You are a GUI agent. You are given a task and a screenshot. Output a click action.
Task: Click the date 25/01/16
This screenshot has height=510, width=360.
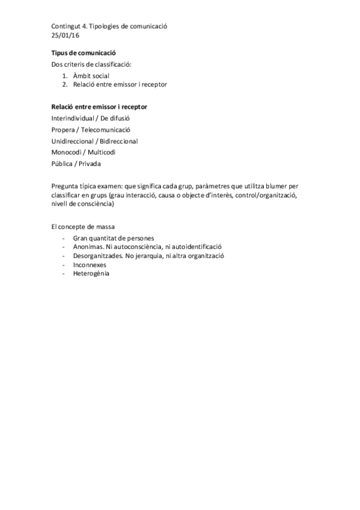pos(66,36)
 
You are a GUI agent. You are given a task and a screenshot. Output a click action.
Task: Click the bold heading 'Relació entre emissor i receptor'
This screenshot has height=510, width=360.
pos(100,106)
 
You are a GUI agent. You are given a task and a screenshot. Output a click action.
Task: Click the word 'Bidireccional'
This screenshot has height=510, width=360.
pos(119,141)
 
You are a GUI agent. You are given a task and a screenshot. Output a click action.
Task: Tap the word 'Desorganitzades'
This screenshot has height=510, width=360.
pos(99,256)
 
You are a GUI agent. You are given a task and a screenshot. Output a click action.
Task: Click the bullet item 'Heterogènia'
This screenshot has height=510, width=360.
pos(91,273)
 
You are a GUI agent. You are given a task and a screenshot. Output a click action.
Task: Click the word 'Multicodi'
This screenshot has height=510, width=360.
pos(107,152)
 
